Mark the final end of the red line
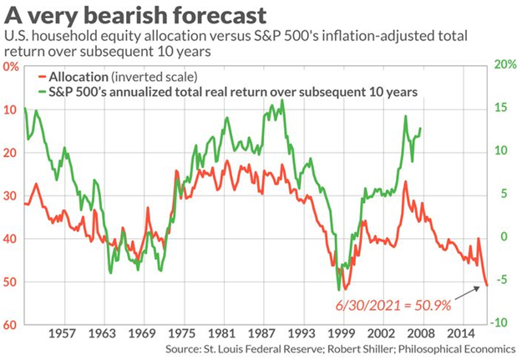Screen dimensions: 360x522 click(488, 286)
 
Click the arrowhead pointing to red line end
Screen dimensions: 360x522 click(484, 287)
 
